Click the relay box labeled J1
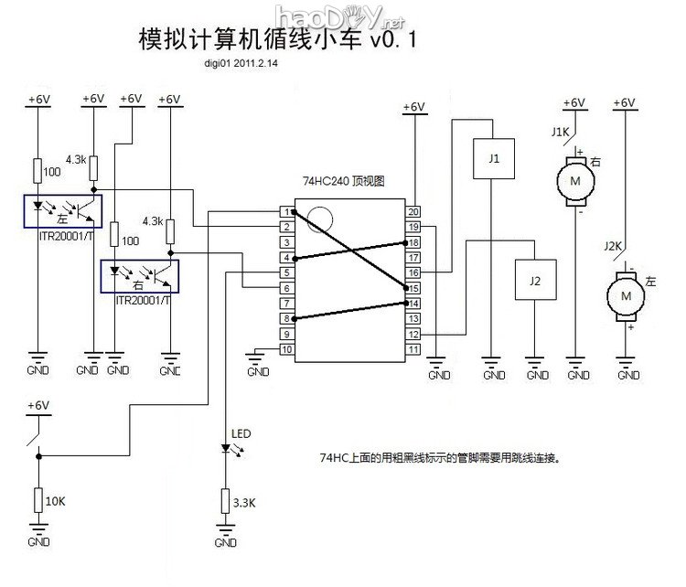tap(494, 157)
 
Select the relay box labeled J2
tap(536, 281)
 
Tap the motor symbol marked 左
tap(627, 295)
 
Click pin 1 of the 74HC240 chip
tap(286, 211)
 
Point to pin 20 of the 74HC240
tap(413, 211)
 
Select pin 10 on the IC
tap(286, 348)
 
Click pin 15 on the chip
tap(413, 287)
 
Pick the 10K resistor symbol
tap(38, 500)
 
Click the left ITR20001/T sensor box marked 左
tap(62, 211)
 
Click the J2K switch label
tap(614, 245)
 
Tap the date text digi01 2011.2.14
tap(242, 65)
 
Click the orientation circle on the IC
tap(320, 219)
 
